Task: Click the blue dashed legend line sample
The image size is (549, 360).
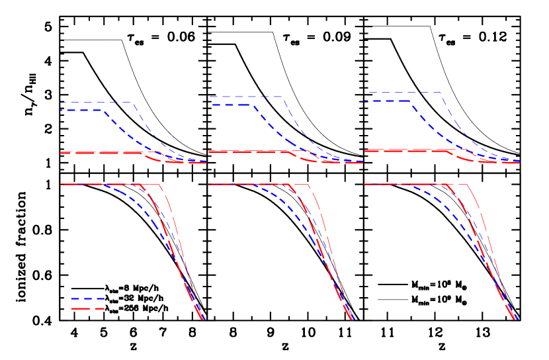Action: tap(87, 298)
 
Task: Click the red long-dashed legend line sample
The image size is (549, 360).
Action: tap(87, 308)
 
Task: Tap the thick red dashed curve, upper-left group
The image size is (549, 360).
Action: tap(99, 153)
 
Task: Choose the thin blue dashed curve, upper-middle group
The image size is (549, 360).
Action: tap(245, 97)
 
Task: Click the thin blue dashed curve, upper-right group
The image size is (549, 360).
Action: tap(403, 93)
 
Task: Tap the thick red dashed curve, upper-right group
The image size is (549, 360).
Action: tap(403, 150)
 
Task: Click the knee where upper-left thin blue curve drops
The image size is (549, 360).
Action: tap(134, 103)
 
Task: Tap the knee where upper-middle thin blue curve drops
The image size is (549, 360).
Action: tap(283, 97)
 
